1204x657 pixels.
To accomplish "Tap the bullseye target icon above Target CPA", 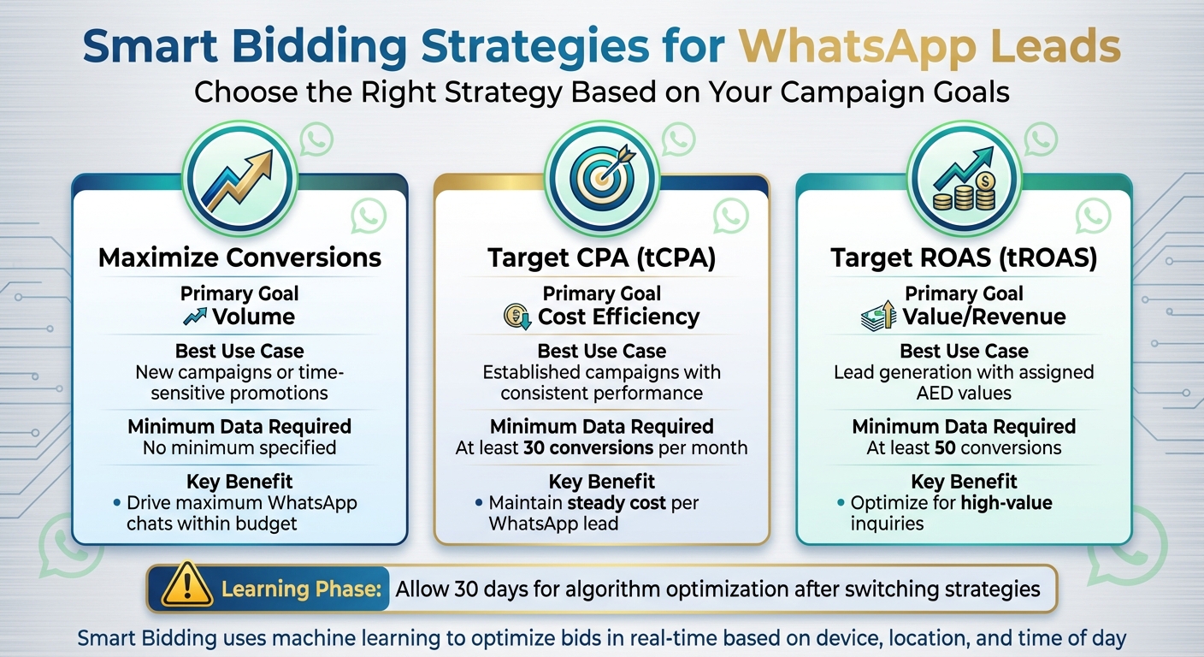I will pos(602,178).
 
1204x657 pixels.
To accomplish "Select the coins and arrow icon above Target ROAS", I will pos(964,178).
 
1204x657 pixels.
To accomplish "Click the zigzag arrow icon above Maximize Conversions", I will pos(239,178).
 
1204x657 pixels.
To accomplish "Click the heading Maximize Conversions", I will pos(239,257).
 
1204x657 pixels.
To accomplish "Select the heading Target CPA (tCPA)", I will pos(602,257).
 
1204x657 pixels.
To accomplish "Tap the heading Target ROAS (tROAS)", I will pos(964,257).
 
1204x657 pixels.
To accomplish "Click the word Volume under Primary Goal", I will pos(253,317).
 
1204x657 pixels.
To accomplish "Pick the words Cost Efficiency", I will pos(618,317).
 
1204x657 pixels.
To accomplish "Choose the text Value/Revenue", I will pos(984,317).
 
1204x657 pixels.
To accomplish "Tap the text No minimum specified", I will pos(239,447).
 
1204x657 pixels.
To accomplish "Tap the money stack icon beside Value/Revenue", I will pos(878,317).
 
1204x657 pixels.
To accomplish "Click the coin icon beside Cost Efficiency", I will pos(516,317).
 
